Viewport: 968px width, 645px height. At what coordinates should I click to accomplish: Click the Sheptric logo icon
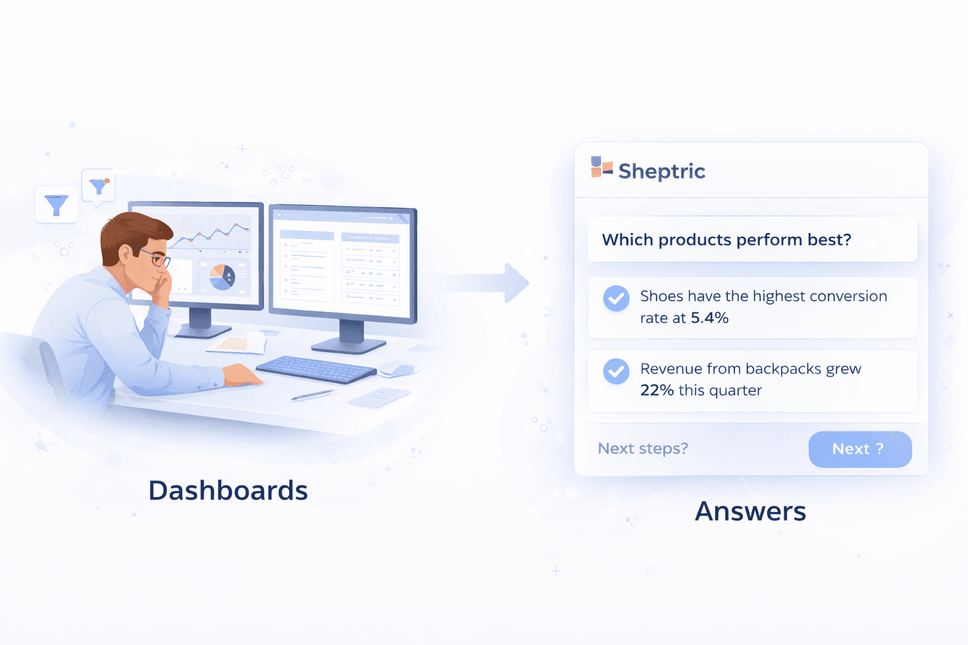[601, 168]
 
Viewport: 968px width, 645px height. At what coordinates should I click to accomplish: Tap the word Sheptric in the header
[661, 171]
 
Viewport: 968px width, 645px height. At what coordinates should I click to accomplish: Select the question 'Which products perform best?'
[726, 240]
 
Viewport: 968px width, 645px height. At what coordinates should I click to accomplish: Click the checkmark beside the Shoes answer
[616, 299]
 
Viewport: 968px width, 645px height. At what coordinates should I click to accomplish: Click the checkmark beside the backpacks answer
[616, 372]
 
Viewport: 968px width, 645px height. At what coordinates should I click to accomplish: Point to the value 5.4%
[710, 318]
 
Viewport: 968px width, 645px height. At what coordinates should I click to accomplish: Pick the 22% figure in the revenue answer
[657, 391]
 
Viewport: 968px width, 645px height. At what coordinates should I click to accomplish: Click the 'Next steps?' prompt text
[642, 448]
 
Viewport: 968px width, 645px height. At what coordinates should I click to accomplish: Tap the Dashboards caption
[228, 491]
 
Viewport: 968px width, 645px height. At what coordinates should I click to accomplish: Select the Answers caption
[750, 511]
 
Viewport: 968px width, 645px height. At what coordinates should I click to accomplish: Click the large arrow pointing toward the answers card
[492, 283]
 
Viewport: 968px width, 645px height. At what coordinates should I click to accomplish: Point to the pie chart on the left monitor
[222, 277]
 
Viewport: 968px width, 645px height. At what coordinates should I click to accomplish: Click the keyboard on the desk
[316, 369]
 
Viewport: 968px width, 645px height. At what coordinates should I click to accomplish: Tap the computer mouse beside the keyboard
[398, 368]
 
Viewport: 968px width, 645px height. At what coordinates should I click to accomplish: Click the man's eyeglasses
[156, 258]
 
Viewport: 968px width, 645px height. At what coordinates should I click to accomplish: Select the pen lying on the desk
[314, 395]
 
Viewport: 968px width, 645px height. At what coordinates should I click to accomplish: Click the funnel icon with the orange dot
[98, 186]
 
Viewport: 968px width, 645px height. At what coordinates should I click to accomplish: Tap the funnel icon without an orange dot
[56, 205]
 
